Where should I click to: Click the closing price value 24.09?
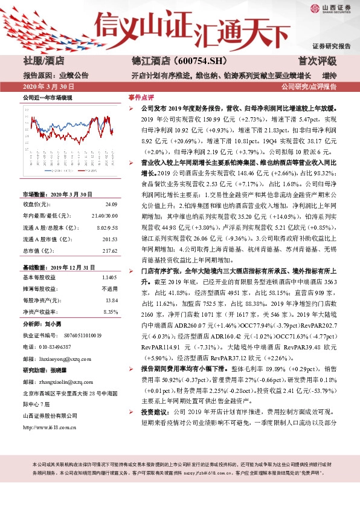click(110, 204)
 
